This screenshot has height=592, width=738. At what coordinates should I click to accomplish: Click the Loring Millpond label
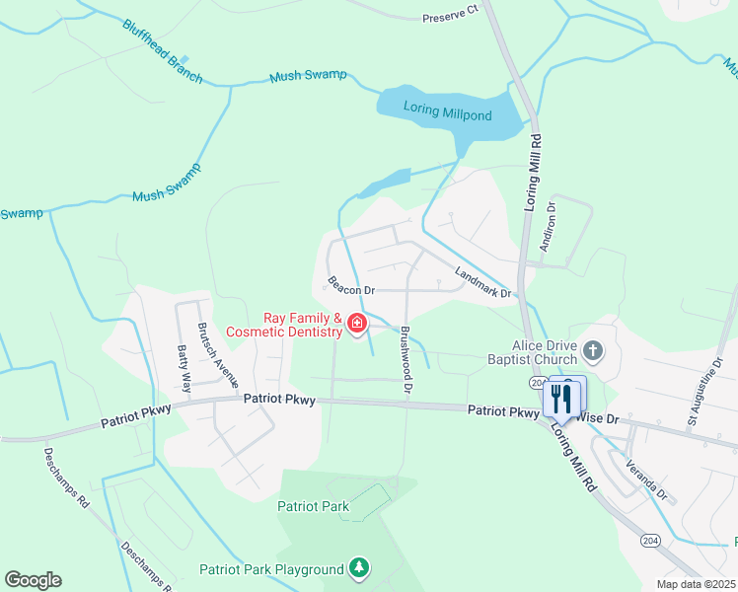pos(447,115)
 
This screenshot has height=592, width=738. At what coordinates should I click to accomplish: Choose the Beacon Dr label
pos(352,290)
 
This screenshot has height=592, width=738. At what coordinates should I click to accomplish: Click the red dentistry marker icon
pos(356,324)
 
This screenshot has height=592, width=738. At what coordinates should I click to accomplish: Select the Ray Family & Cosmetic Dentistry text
pos(284,326)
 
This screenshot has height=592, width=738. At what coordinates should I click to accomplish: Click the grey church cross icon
pos(592,350)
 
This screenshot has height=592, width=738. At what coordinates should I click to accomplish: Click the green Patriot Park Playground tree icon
pos(360,568)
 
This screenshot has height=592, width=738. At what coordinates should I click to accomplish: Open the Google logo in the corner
pos(33,580)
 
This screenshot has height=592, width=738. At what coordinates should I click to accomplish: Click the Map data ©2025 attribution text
pos(696,584)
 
